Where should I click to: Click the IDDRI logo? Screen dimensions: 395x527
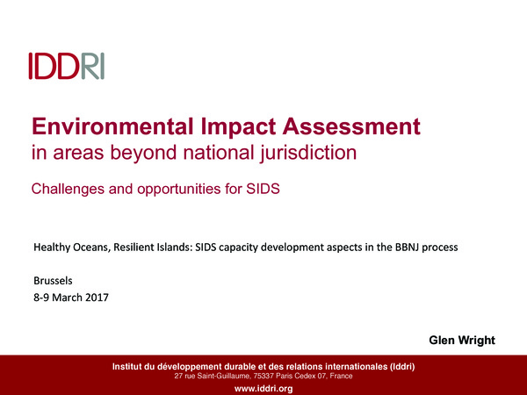66,66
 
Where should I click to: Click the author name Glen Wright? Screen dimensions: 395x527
461,339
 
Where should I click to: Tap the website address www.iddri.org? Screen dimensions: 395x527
263,388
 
